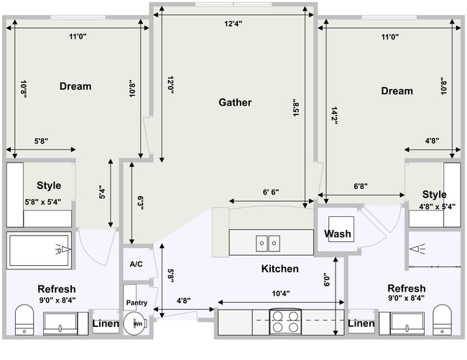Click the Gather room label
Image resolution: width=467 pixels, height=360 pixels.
tap(235, 103)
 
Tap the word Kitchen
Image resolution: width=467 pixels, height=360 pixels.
tap(279, 269)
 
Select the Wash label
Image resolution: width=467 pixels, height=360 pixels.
tap(337, 234)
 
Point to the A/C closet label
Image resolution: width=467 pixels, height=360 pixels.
tap(136, 264)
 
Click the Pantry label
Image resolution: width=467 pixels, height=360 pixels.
tap(137, 303)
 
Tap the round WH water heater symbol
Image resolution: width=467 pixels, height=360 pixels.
tap(134, 324)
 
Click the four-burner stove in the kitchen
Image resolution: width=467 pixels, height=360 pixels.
tap(285, 320)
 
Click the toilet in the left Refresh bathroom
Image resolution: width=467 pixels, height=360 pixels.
tap(24, 319)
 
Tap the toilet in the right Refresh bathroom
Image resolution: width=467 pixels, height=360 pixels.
tap(442, 319)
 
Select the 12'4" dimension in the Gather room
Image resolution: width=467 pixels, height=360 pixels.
tap(233, 24)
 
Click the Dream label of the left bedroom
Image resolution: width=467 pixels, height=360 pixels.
tap(75, 86)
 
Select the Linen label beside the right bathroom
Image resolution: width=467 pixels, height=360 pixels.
tap(361, 324)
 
